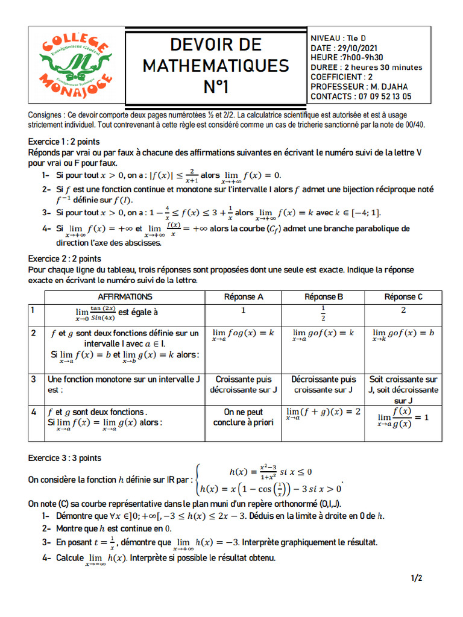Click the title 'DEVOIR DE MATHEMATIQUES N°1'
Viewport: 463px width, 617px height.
click(215, 65)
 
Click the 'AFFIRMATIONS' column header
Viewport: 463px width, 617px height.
click(125, 297)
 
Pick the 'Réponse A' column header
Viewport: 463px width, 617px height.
click(244, 297)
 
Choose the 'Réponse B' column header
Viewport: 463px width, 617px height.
click(324, 297)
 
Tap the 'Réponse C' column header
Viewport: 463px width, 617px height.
click(403, 297)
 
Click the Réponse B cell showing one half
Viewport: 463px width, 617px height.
click(324, 314)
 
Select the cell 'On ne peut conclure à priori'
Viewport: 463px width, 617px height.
click(244, 418)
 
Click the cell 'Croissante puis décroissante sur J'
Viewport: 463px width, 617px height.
click(244, 384)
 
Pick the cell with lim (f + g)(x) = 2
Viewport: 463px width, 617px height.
click(323, 412)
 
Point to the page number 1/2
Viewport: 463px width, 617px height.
click(417, 578)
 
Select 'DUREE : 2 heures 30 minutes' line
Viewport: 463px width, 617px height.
click(366, 67)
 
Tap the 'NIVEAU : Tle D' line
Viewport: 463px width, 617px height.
click(338, 37)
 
